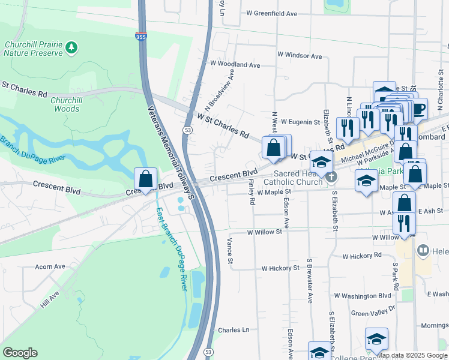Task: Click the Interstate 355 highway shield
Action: pyautogui.click(x=141, y=37)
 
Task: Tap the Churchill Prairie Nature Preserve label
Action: pyautogui.click(x=34, y=49)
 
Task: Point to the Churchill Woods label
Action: pyautogui.click(x=65, y=104)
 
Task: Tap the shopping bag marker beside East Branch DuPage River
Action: pyautogui.click(x=145, y=179)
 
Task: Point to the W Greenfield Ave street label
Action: pyautogui.click(x=271, y=13)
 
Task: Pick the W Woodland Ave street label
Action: pyautogui.click(x=235, y=64)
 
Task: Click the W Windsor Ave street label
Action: pyautogui.click(x=300, y=56)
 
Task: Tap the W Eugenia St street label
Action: pyautogui.click(x=300, y=122)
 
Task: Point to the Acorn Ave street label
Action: pyautogui.click(x=50, y=266)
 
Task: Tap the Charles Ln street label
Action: pyautogui.click(x=234, y=330)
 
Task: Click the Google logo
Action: pyautogui.click(x=20, y=353)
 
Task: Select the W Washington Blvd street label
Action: pyautogui.click(x=363, y=296)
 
